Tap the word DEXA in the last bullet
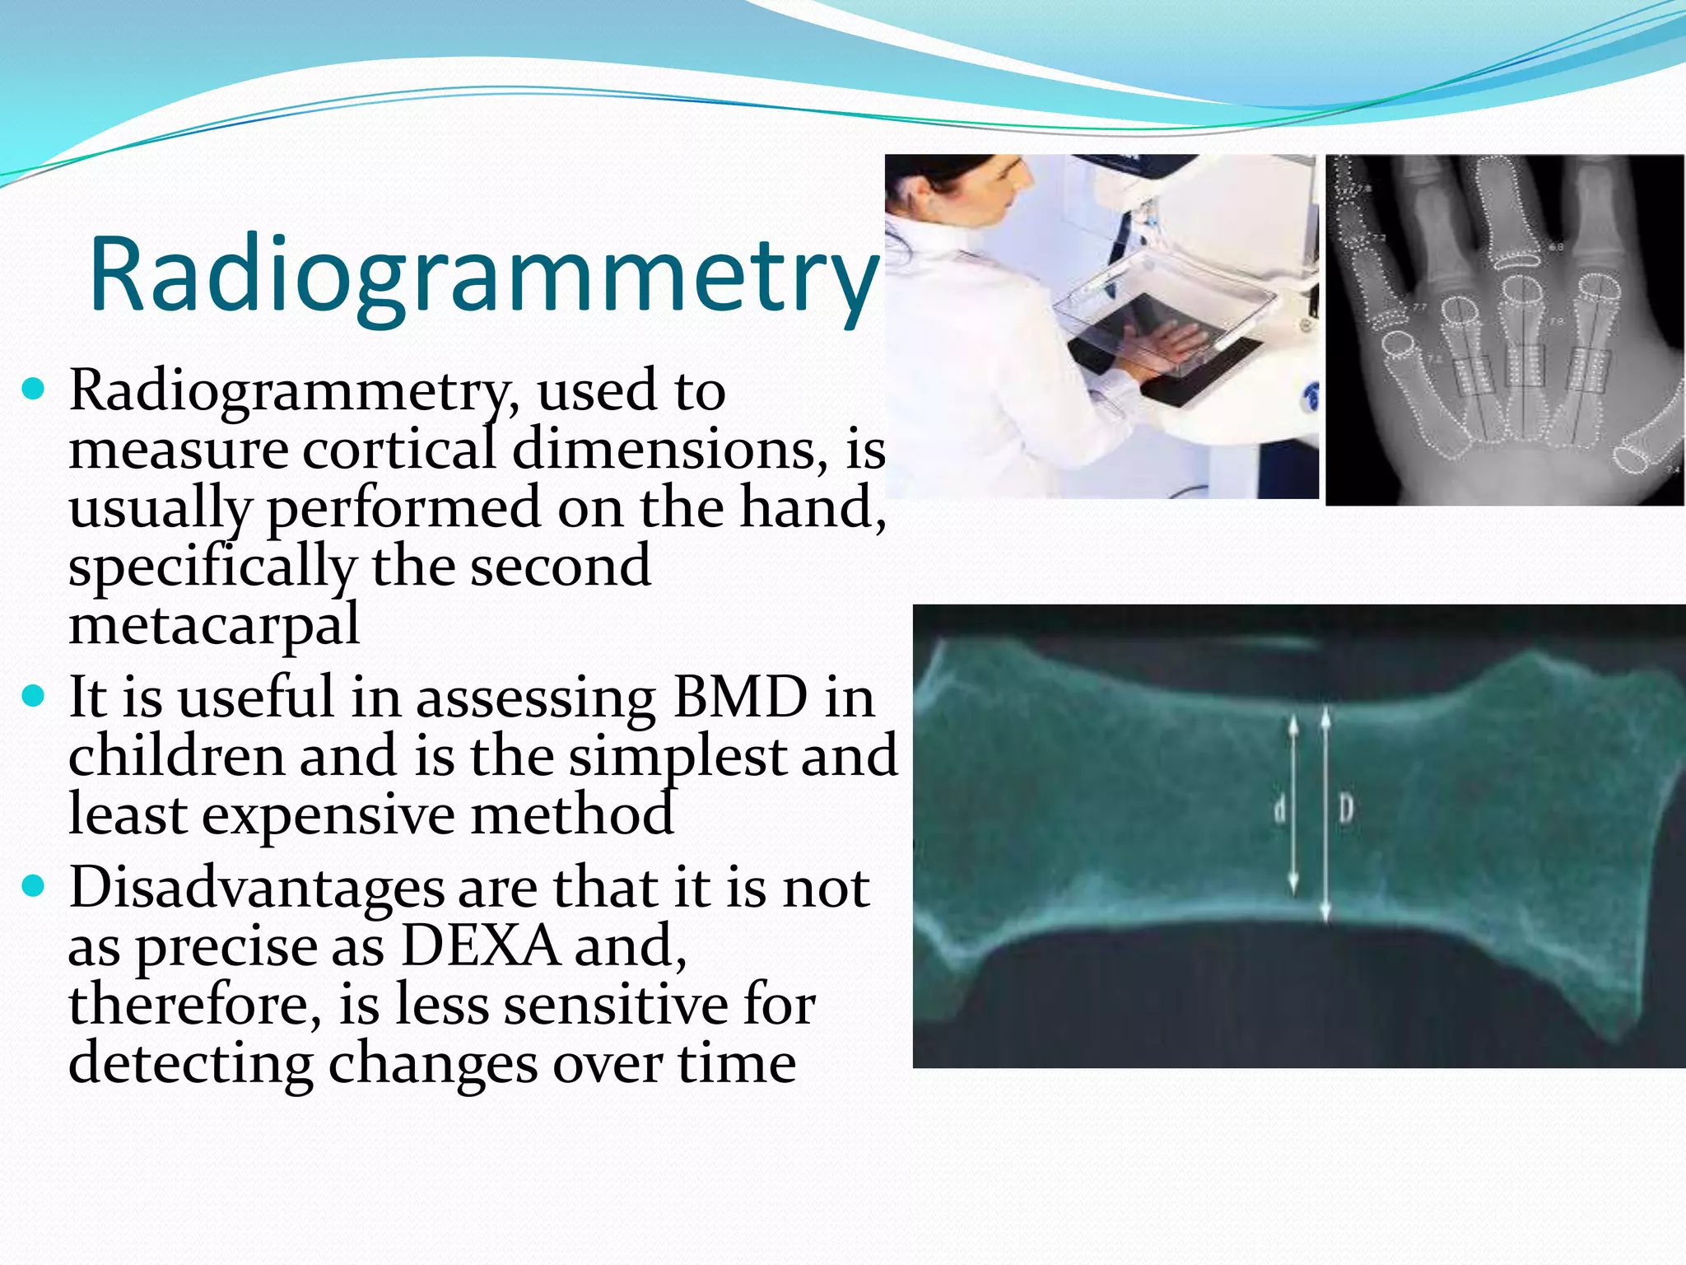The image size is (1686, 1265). tap(480, 947)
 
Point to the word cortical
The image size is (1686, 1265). tap(398, 450)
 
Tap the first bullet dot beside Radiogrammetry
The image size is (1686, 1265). tap(34, 389)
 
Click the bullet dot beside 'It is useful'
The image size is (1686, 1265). tap(34, 697)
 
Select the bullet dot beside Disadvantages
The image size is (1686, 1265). tap(34, 887)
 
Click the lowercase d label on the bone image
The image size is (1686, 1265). tap(1279, 810)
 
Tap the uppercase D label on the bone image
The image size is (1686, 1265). tap(1345, 810)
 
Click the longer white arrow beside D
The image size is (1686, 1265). tap(1325, 815)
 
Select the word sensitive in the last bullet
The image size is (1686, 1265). tap(616, 1006)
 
